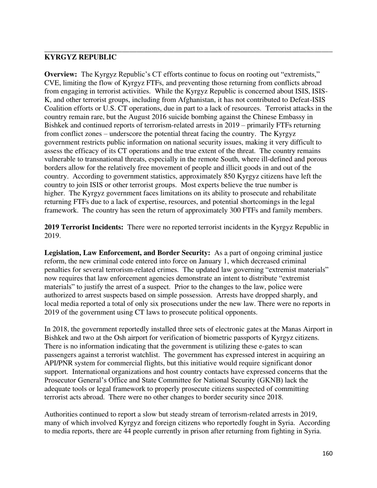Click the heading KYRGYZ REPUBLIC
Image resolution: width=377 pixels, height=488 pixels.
[80, 58]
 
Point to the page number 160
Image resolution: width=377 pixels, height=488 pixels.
[327, 454]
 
